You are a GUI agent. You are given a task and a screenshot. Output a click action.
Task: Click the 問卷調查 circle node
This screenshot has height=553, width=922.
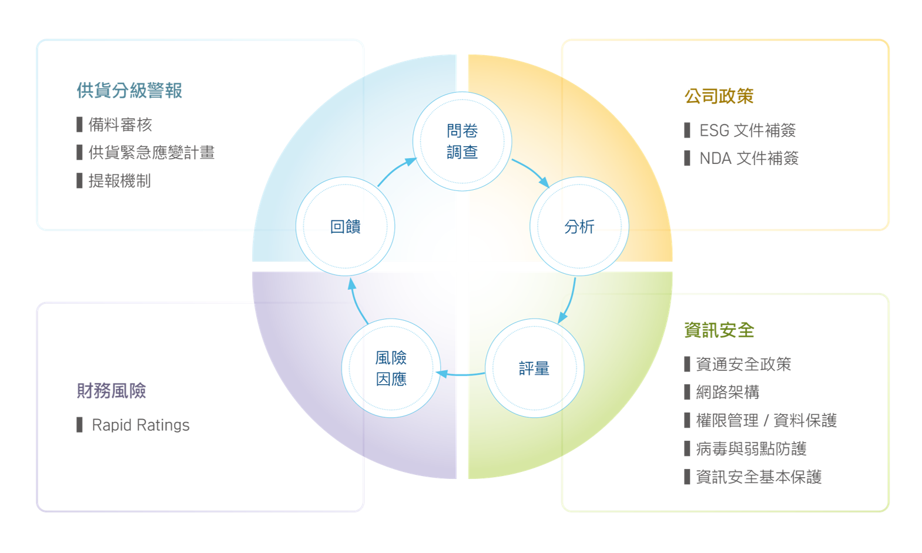462,142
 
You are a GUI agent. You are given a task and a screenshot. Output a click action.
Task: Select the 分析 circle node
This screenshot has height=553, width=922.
579,226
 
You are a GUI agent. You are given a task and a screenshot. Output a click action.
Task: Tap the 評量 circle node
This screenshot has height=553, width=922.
534,368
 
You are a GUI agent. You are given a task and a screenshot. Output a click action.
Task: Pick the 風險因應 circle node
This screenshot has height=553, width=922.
391,368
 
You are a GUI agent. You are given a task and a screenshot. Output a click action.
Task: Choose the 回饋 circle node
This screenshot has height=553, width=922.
345,226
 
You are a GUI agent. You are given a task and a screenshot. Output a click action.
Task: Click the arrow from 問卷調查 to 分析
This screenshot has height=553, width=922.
531,172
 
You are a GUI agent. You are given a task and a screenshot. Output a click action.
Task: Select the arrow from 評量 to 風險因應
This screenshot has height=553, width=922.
461,374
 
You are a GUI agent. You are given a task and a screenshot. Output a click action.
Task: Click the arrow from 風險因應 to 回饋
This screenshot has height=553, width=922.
357,301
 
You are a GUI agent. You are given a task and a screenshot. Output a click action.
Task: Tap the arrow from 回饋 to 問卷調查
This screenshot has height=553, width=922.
395,172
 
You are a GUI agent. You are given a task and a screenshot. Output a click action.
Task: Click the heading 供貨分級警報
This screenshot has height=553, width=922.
129,91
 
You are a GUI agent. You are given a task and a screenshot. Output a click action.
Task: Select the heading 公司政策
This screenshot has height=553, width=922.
719,96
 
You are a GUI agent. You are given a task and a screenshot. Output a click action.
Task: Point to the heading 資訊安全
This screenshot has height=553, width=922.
719,330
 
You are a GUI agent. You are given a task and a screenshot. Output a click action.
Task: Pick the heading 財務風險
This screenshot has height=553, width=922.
112,390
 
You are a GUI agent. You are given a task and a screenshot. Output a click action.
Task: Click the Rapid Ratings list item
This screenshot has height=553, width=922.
140,425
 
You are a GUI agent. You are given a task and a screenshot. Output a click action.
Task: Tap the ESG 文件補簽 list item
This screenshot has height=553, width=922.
747,130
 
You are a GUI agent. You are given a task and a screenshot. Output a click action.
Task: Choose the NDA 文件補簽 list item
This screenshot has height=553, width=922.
749,158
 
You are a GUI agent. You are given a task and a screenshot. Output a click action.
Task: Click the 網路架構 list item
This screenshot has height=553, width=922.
727,392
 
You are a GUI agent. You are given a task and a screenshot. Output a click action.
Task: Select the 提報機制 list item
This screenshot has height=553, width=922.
119,180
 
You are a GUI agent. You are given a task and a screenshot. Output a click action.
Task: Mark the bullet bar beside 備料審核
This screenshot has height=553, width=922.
79,124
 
